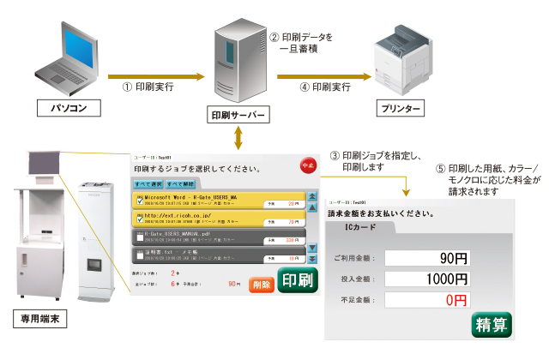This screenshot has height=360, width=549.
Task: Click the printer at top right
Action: pos(407,61)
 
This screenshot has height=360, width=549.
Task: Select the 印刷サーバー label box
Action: pos(238,114)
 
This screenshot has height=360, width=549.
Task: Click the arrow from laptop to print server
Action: pos(150,77)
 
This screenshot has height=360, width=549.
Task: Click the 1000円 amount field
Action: pos(427,279)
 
